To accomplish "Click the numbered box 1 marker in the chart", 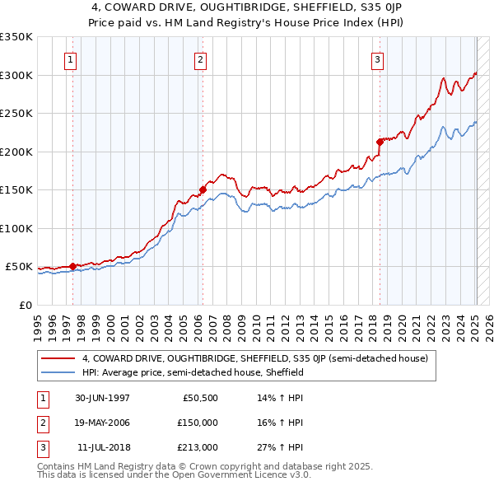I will tap(71, 58).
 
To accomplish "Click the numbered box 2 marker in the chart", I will tap(201, 58).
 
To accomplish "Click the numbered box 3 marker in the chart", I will tap(378, 58).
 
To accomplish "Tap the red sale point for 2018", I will tap(380, 142).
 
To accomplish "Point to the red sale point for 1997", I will tap(72, 266).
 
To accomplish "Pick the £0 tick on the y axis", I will tap(25, 305).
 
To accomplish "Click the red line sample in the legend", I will tap(58, 358).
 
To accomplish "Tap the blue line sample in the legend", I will tap(58, 372).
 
